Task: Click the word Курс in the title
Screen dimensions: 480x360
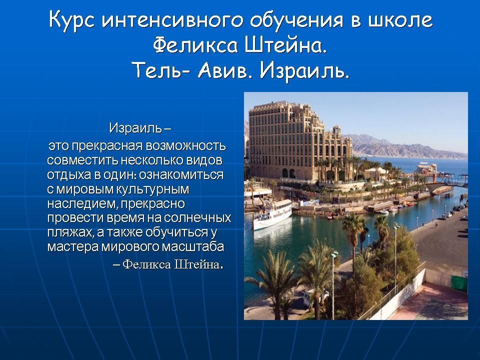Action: pos(71,20)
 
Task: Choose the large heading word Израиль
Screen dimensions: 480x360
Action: pos(305,70)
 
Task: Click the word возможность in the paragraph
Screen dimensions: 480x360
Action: pos(185,146)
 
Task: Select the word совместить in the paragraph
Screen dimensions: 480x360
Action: pos(82,160)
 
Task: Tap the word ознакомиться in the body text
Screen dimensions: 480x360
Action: pos(181,175)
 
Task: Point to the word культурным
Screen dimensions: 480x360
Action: pos(152,189)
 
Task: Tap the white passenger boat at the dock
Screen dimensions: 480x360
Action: pos(272,214)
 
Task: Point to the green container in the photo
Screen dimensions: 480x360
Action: pos(459,283)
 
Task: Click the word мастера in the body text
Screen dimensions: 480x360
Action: pos(73,246)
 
